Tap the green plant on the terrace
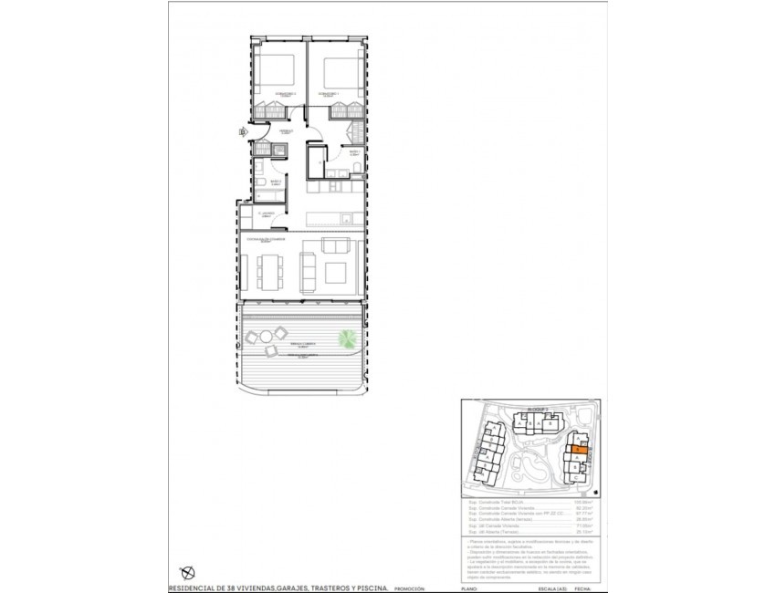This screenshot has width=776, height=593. point(348,338)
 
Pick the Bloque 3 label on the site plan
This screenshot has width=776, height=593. point(538,411)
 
